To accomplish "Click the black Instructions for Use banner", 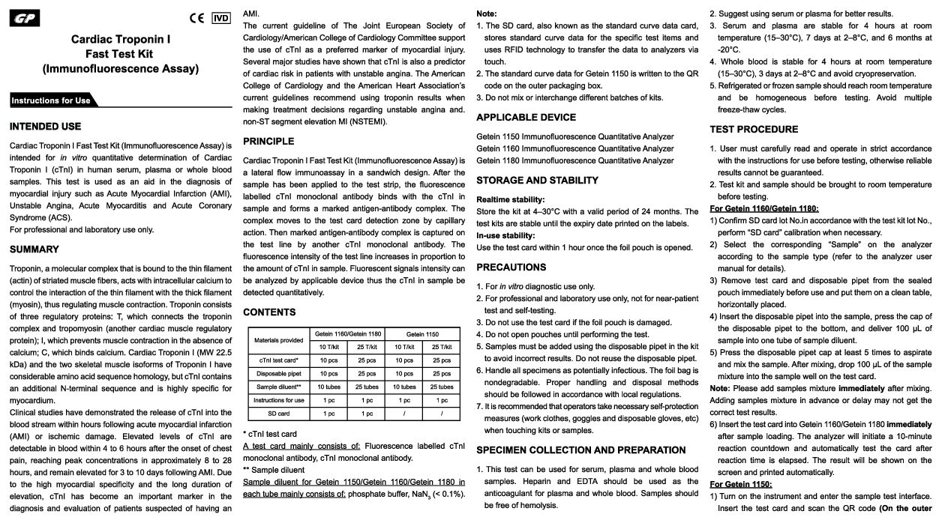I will [x=51, y=100].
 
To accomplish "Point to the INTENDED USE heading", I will [x=45, y=127].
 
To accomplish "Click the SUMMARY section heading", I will [x=34, y=250].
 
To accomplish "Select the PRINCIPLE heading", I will [x=268, y=142].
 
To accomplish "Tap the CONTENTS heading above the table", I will [x=269, y=312].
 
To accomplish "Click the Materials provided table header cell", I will [x=279, y=340].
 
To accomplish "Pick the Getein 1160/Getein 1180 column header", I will [x=347, y=333].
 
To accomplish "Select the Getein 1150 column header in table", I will [x=422, y=333].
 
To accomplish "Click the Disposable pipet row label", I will [x=279, y=373].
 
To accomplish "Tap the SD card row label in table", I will [x=279, y=414].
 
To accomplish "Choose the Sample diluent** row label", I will [x=279, y=387].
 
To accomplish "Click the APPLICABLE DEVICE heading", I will [x=526, y=118].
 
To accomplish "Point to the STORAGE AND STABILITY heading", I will [x=537, y=181].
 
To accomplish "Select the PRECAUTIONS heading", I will [x=511, y=267].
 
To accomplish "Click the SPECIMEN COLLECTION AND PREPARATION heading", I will [x=580, y=450].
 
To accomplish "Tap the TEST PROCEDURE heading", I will [x=754, y=130].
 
